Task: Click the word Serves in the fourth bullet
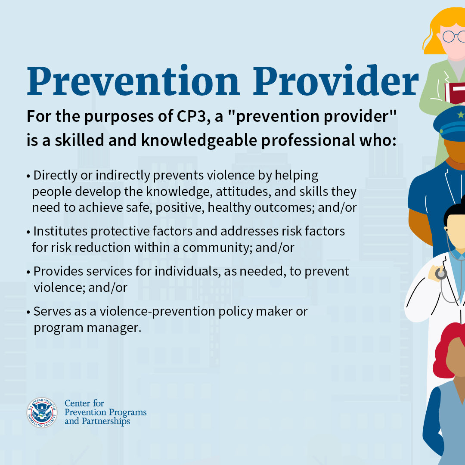click(49, 311)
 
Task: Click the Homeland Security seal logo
click(42, 412)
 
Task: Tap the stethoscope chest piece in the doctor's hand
click(440, 273)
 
